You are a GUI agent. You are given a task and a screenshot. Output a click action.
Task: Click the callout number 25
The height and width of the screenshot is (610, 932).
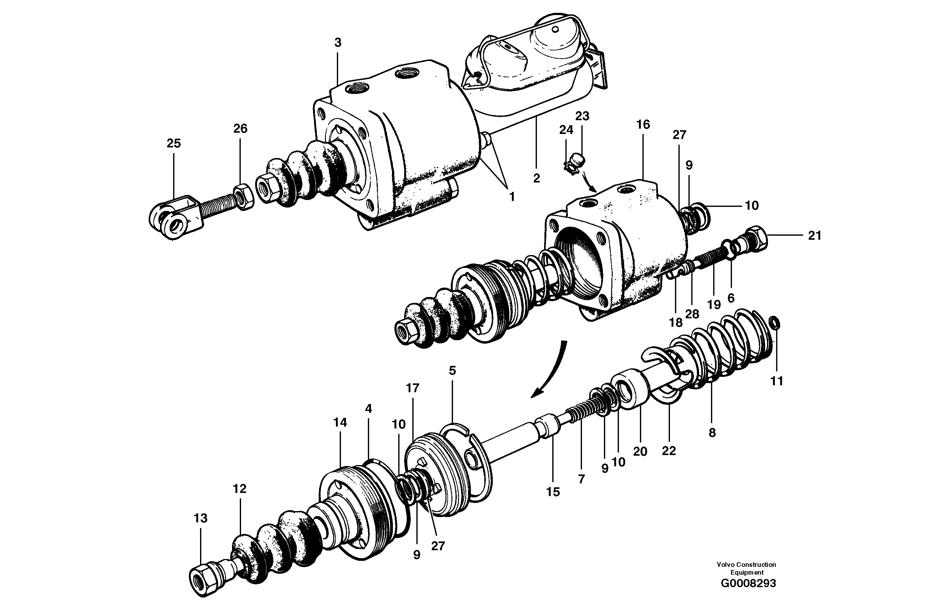tap(173, 143)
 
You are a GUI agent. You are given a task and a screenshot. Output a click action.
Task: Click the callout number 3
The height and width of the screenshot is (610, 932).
tap(337, 43)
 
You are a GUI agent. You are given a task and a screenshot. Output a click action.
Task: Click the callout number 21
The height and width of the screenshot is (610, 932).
tap(815, 236)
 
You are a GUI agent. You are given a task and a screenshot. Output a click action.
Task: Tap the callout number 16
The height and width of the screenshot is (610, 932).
tap(643, 125)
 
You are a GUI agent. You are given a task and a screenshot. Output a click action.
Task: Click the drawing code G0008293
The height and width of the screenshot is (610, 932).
tap(748, 594)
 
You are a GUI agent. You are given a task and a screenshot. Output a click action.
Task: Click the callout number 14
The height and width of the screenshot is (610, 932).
tap(340, 423)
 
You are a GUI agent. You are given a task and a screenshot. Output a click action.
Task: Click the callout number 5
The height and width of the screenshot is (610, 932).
tap(452, 370)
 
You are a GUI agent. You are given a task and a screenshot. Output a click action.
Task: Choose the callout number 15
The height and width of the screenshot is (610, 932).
tap(553, 492)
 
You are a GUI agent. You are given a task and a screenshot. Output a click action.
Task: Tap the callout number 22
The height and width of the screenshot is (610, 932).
tap(669, 451)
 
